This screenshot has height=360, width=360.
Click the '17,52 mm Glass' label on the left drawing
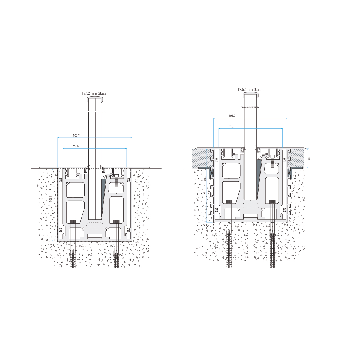tap(94, 93)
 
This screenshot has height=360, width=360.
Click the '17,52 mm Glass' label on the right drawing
tap(250, 90)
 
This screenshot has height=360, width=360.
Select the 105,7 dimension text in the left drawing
tap(76, 135)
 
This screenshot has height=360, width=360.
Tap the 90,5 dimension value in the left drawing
tap(76, 146)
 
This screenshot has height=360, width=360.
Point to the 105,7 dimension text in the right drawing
tap(232, 115)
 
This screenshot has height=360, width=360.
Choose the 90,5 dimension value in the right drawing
tap(232, 126)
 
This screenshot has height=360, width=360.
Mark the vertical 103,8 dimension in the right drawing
tap(205, 179)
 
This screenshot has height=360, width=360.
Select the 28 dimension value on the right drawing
tap(310, 159)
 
